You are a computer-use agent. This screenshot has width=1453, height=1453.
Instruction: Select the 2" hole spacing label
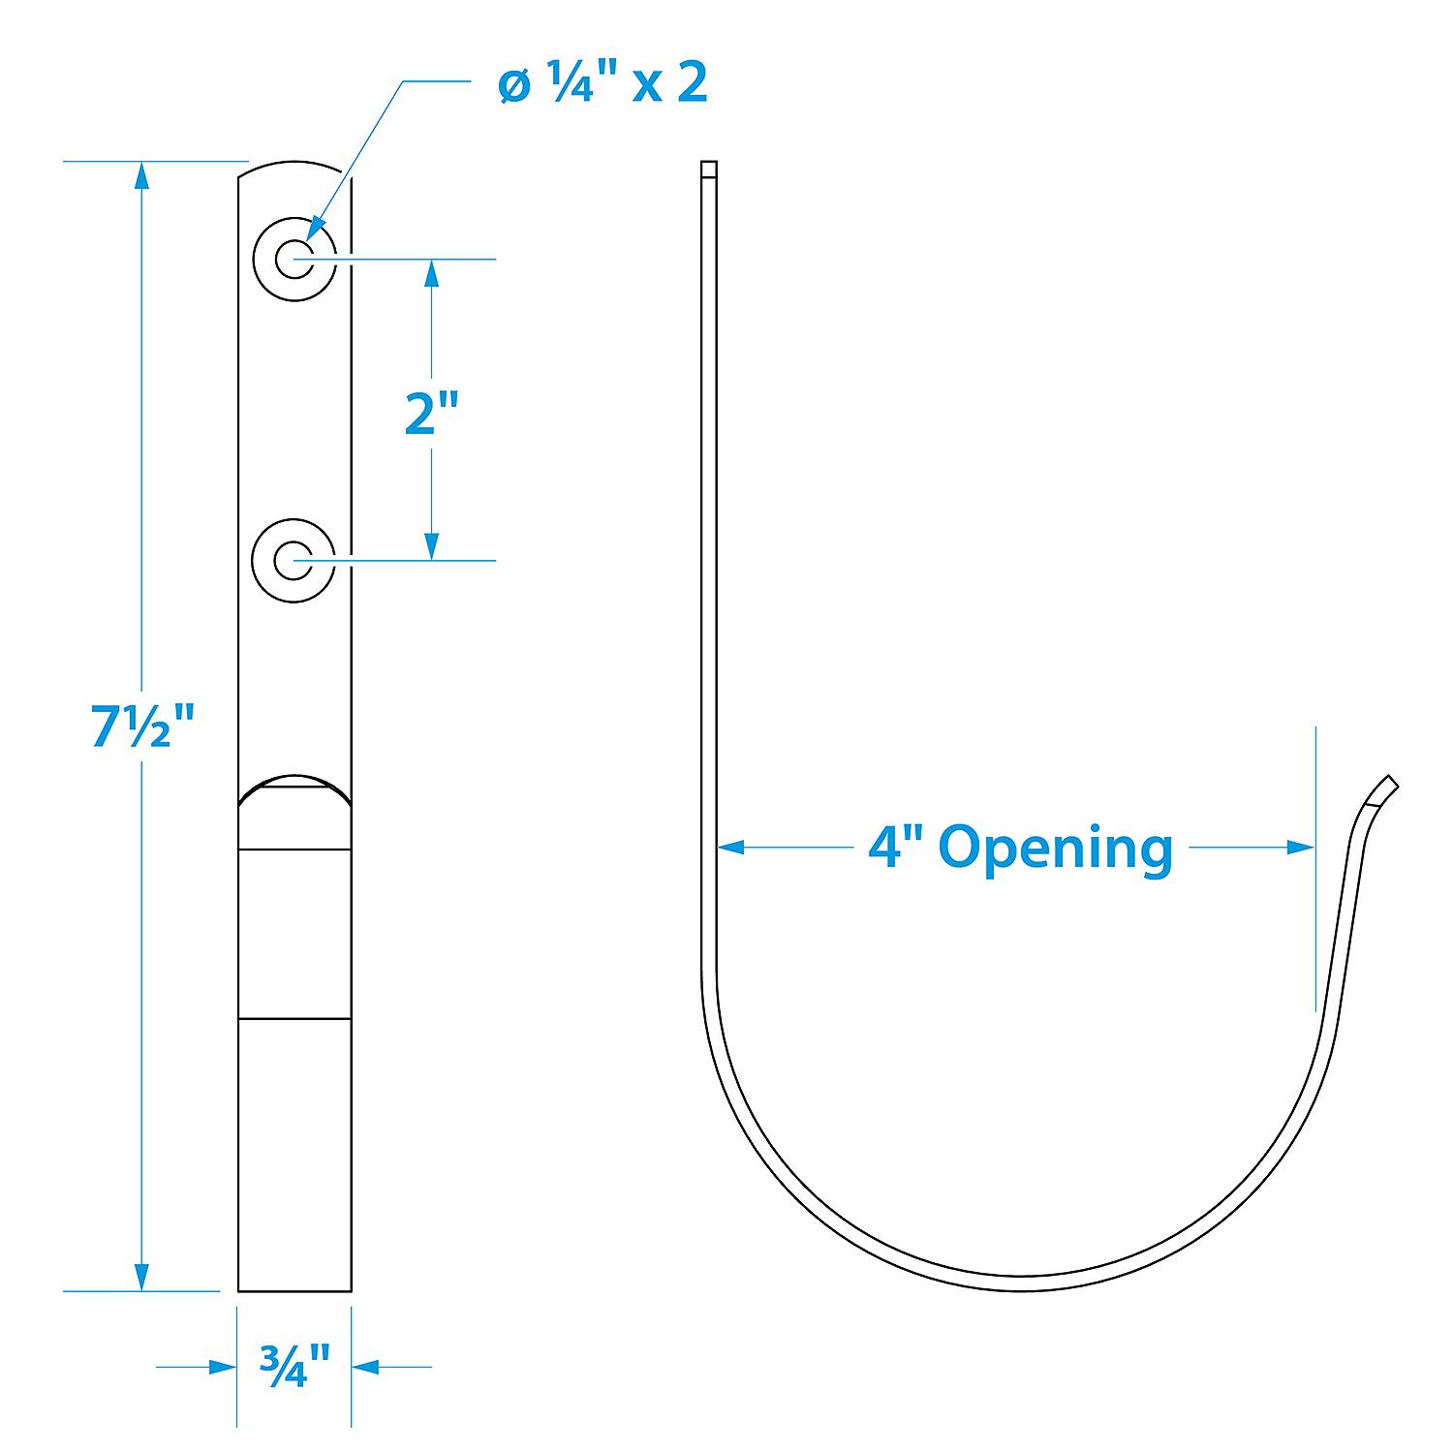tap(430, 414)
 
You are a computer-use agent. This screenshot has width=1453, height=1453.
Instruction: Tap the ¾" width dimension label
tap(294, 1366)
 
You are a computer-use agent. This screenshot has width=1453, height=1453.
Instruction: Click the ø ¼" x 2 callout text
tap(603, 85)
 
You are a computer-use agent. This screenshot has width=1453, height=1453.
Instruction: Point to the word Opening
tap(1055, 848)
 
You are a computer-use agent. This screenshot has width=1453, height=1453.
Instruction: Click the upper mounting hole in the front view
tap(294, 260)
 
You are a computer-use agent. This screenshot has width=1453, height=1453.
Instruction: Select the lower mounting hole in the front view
tap(294, 560)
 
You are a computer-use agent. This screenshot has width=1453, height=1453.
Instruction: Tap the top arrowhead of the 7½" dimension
tap(142, 175)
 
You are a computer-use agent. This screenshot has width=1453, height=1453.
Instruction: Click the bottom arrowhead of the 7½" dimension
tap(142, 1277)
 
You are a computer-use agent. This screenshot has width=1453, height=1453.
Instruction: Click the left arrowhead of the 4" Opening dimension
tap(730, 848)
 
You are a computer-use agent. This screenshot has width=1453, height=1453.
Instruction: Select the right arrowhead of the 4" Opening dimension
tap(1301, 848)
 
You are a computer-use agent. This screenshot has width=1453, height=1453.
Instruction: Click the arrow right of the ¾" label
tap(365, 1367)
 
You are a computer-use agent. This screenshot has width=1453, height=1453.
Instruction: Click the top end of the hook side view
tap(709, 170)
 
